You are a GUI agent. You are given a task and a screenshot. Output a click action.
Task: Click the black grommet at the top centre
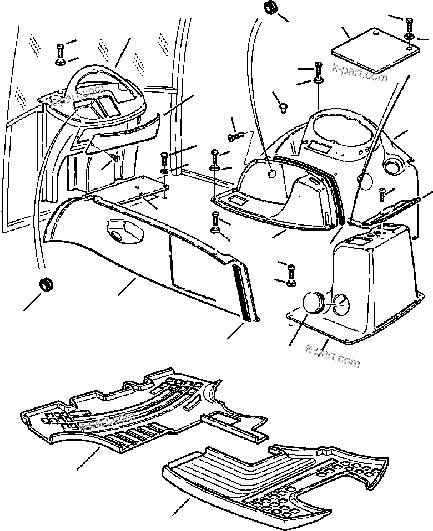271,9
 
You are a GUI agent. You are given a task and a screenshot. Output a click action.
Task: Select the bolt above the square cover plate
409,25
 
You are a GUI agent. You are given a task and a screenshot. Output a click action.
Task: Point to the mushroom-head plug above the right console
283,107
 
